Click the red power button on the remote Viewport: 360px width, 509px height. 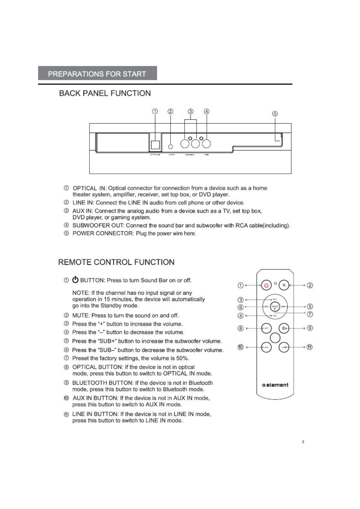(266, 285)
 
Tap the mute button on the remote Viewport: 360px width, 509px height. (284, 285)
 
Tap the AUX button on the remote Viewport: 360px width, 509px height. (266, 347)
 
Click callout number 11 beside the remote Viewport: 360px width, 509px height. (309, 347)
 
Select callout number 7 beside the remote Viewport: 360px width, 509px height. (310, 314)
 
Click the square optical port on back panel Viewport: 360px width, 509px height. (155, 145)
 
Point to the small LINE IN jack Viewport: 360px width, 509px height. (171, 147)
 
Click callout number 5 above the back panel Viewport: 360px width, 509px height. (275, 114)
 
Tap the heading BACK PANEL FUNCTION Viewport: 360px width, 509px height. (105, 93)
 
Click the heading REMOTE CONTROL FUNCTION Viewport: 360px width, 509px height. (116, 262)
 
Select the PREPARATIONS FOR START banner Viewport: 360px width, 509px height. (97, 74)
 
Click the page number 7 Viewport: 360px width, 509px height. (303, 442)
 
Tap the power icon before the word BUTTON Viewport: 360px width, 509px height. (75, 280)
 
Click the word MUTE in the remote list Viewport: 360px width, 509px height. (80, 316)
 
